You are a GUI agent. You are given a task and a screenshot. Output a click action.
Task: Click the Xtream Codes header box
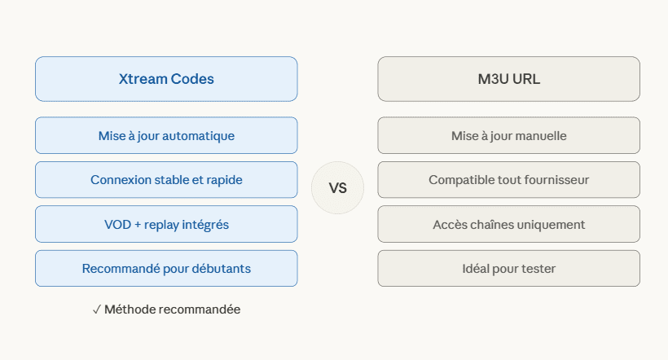click(166, 79)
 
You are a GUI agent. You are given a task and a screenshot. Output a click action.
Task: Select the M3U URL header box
click(508, 79)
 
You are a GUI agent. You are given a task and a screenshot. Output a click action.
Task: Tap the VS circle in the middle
click(338, 187)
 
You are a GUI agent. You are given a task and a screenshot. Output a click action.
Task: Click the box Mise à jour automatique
click(166, 135)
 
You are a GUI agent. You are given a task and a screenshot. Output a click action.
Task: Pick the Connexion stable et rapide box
click(166, 180)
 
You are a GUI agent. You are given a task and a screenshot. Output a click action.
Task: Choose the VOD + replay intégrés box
click(166, 224)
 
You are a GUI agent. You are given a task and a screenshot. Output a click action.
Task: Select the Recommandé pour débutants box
click(166, 269)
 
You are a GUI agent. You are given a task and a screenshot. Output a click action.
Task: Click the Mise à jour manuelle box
click(508, 135)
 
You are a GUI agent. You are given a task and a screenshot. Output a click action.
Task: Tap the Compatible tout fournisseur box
click(508, 180)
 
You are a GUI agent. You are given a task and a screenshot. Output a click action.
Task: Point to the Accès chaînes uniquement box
click(508, 224)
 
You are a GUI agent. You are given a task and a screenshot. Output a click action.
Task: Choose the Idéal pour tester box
click(508, 269)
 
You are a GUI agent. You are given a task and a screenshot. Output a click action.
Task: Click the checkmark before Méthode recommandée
click(97, 310)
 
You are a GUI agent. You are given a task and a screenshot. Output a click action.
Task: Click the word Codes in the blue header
click(192, 79)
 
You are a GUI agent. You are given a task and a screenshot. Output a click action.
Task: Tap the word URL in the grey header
click(526, 79)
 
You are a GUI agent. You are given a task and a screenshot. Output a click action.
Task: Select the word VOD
click(117, 225)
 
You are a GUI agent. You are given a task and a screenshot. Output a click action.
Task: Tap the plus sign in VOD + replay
click(138, 225)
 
